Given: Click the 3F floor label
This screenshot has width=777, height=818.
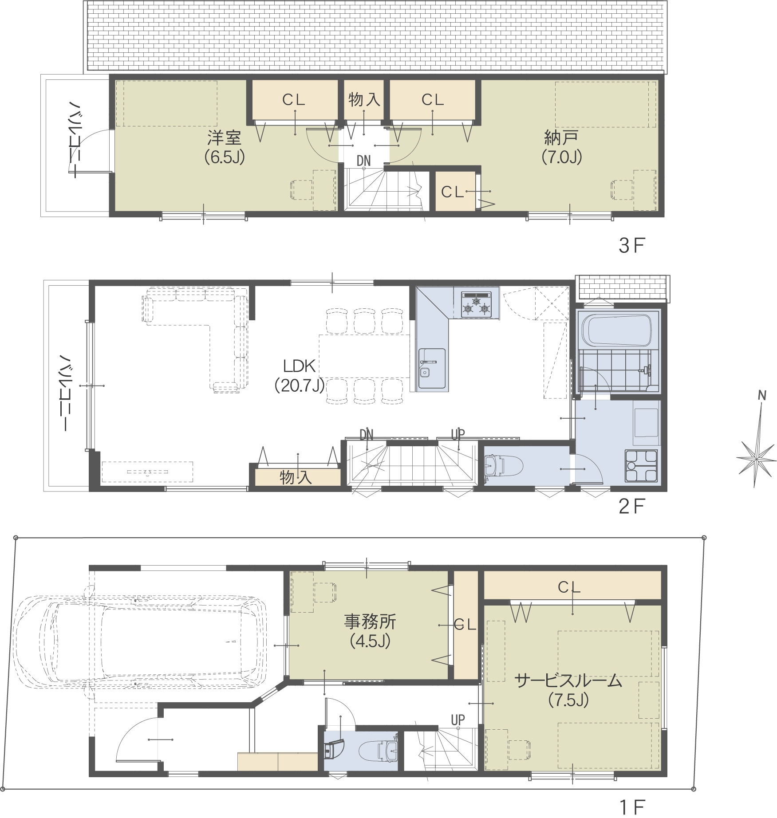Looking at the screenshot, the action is click(631, 245).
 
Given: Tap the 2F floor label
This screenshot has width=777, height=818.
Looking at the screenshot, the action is click(631, 506).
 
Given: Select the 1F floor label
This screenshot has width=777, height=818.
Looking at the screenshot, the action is click(631, 807).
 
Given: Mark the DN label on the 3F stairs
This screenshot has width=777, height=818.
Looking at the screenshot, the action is click(364, 161).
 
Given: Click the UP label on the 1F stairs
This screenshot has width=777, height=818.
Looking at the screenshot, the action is click(458, 720).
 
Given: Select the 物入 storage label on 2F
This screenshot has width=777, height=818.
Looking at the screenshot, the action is click(296, 477).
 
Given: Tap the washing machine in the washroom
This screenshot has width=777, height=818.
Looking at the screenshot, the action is click(641, 466).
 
